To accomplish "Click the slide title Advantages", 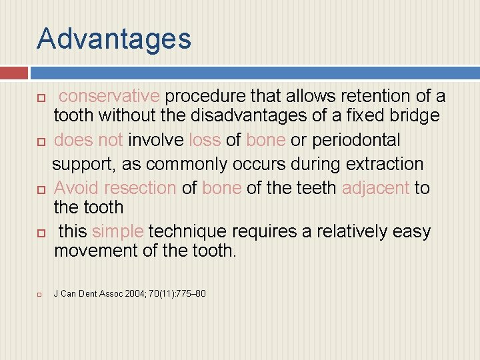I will point(114,39).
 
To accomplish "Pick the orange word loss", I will point(205,140).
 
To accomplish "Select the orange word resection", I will point(139,188).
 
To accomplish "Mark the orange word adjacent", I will point(376,188).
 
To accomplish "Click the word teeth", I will point(312,188).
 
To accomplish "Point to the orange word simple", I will point(118,231).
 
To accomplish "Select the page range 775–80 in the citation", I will point(191,293).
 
